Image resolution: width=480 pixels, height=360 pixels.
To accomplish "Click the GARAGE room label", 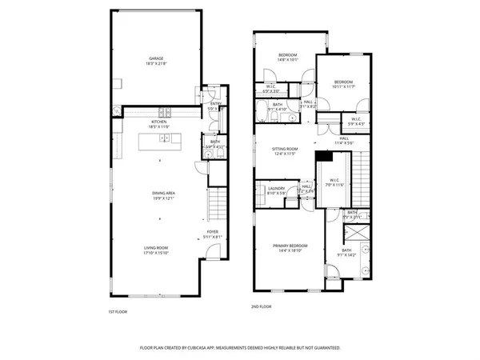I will point(155,59).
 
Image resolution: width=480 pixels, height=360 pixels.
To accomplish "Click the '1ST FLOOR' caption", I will point(117,311).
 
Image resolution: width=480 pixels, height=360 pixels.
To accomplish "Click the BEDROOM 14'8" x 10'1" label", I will point(288,56).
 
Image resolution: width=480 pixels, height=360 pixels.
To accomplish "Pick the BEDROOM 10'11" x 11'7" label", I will point(343,83).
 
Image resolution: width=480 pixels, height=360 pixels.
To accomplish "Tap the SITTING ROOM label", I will point(286,149).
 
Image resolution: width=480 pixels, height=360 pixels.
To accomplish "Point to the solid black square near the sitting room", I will point(323,156).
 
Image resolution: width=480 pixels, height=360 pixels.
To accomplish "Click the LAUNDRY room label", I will point(277,190).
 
